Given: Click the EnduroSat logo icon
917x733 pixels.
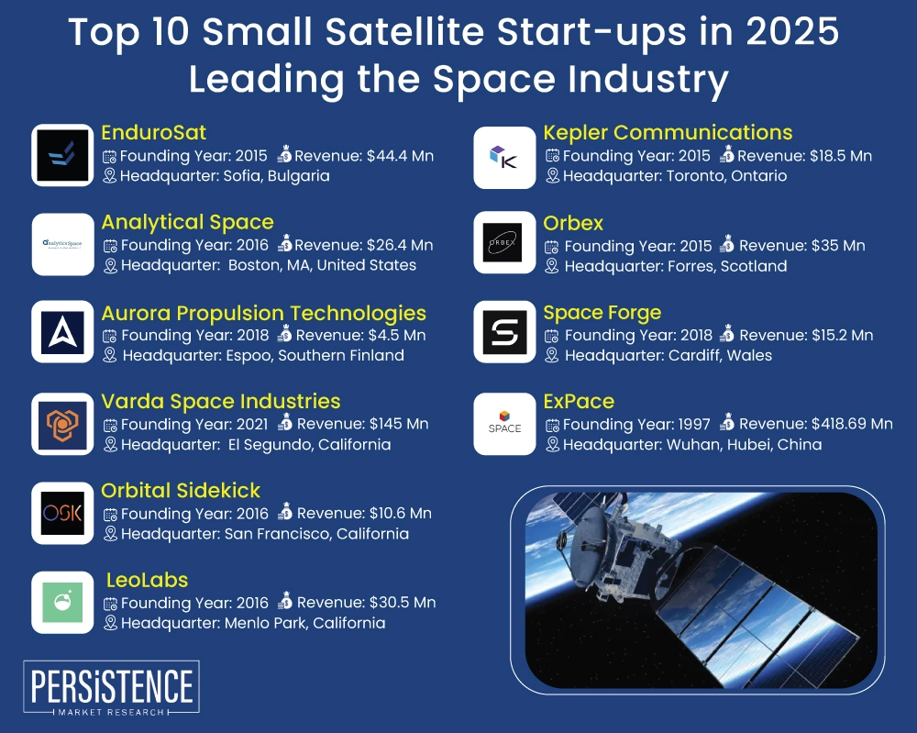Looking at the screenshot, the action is [x=62, y=155].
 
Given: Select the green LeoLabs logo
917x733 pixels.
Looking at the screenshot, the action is [x=62, y=602].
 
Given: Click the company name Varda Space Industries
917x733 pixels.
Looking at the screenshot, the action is [x=221, y=401].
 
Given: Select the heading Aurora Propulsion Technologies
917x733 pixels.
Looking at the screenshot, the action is [x=264, y=314].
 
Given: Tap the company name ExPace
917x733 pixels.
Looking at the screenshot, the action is [x=579, y=401].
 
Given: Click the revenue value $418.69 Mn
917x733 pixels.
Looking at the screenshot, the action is [x=853, y=424].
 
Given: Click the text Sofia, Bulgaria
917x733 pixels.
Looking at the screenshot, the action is [x=276, y=175].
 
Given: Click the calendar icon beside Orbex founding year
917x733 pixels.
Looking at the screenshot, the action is [x=552, y=246].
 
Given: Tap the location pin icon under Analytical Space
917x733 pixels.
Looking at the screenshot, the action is [x=110, y=265].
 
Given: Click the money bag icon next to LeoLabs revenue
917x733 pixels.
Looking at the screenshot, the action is [x=285, y=602].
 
